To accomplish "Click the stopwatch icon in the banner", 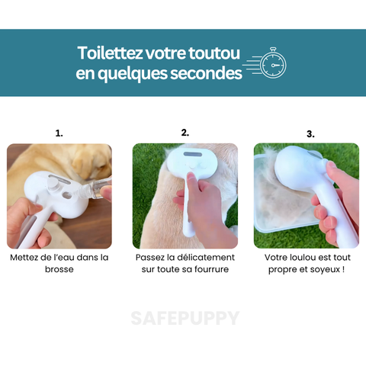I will [x=272, y=64].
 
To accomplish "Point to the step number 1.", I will [x=59, y=133].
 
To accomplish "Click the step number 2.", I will [x=185, y=133].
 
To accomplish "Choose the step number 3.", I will [x=310, y=134].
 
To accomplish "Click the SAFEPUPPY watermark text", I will [x=184, y=318].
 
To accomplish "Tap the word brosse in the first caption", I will [x=59, y=270].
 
